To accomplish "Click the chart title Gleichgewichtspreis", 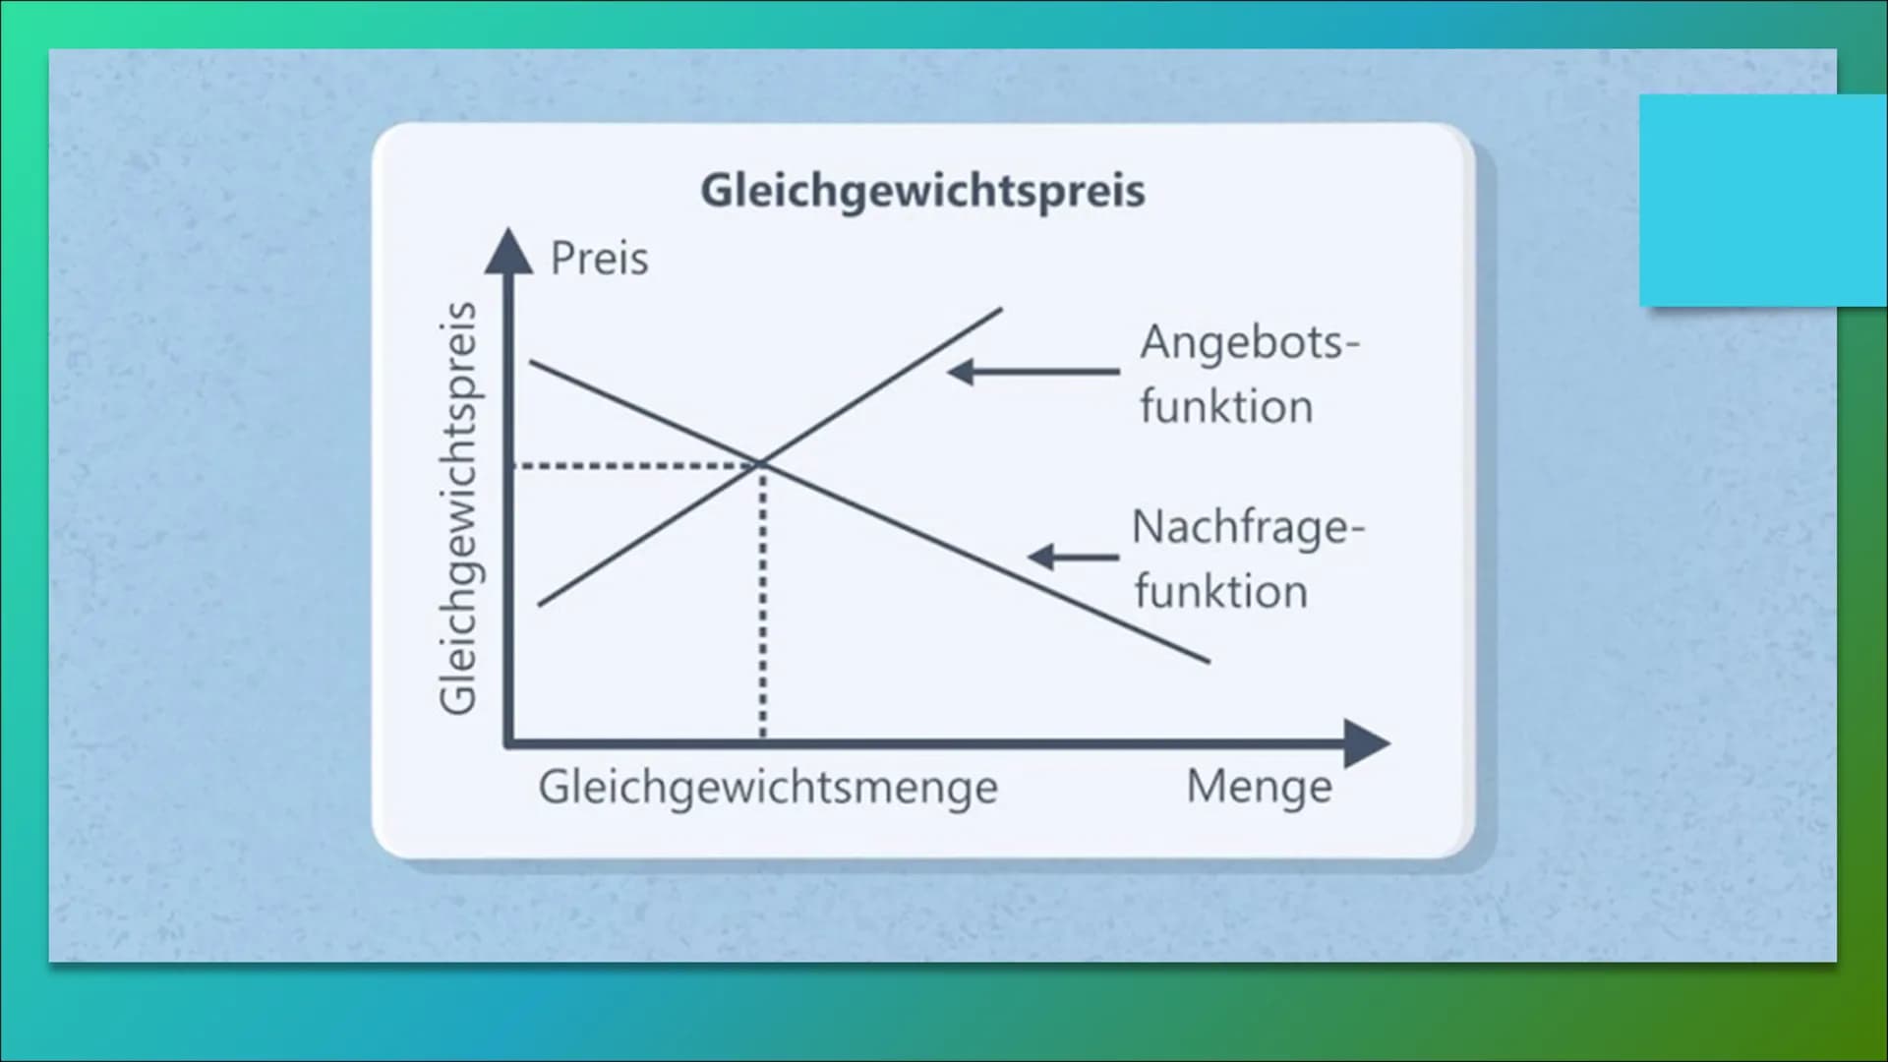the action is pyautogui.click(x=922, y=191).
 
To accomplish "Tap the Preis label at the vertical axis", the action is pyautogui.click(x=599, y=259).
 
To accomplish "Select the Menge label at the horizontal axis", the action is pyautogui.click(x=1260, y=787).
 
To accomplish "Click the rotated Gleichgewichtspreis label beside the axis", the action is pyautogui.click(x=459, y=507).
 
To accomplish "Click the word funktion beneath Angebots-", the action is pyautogui.click(x=1226, y=406).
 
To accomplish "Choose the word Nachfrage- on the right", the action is pyautogui.click(x=1248, y=528).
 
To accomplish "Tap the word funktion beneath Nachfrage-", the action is pyautogui.click(x=1220, y=591).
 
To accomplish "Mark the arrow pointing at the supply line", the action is pyautogui.click(x=1033, y=372).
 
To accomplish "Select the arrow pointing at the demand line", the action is pyautogui.click(x=1073, y=557).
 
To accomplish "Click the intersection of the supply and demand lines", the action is pyautogui.click(x=761, y=463).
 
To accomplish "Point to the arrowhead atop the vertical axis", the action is pyautogui.click(x=508, y=250).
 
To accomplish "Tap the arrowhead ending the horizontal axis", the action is pyautogui.click(x=1367, y=743).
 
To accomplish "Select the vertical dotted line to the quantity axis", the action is pyautogui.click(x=763, y=601).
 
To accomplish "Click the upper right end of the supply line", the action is pyautogui.click(x=1001, y=309).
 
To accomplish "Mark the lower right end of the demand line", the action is pyautogui.click(x=1209, y=662).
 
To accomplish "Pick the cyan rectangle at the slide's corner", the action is pyautogui.click(x=1763, y=201).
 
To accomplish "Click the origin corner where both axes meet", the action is pyautogui.click(x=508, y=743).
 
